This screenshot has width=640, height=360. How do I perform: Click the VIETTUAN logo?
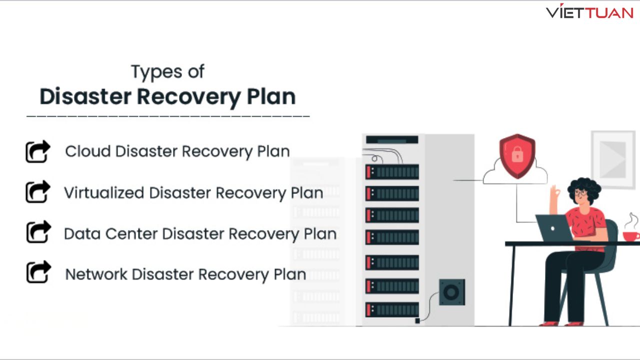click(x=589, y=12)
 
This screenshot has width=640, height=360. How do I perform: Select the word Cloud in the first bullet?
click(x=88, y=151)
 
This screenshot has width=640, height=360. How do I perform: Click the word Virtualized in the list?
click(x=104, y=192)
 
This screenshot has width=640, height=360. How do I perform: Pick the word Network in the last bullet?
click(x=95, y=274)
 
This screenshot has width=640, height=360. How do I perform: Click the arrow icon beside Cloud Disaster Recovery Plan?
click(x=38, y=151)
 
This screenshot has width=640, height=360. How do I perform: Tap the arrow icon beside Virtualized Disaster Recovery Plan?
click(x=38, y=192)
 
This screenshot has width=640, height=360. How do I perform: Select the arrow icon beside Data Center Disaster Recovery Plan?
click(x=38, y=232)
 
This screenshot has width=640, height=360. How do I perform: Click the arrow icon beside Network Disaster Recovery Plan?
click(x=38, y=272)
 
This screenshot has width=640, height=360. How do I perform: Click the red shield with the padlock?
click(x=517, y=155)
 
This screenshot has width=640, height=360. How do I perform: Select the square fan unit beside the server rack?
click(x=452, y=292)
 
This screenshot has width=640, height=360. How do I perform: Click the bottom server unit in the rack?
click(x=392, y=309)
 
